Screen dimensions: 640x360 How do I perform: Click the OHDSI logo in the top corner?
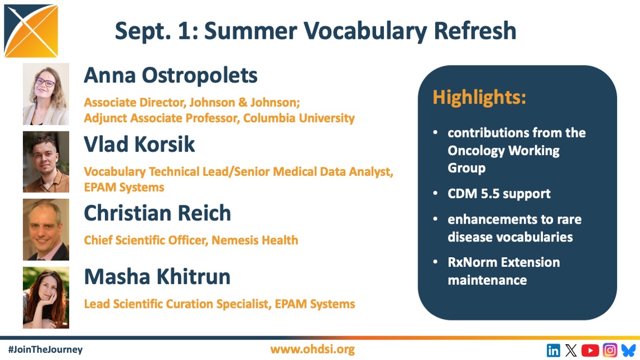click(31, 31)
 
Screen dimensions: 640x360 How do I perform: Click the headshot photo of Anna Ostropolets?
click(46, 94)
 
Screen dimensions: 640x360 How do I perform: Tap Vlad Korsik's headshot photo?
click(46, 162)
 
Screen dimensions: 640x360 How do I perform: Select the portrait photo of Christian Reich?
click(46, 229)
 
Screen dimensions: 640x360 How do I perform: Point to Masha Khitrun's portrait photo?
click(46, 298)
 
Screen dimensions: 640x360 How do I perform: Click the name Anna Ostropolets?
click(171, 75)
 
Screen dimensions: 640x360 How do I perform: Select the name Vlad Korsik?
click(139, 144)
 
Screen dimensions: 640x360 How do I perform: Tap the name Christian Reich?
click(158, 213)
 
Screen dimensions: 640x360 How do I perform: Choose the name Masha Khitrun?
click(157, 277)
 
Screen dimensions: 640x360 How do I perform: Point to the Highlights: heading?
click(479, 98)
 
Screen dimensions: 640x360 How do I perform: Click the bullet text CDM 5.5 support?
click(499, 193)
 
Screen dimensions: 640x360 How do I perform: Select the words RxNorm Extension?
click(504, 262)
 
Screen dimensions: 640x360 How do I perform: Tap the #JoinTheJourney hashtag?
click(45, 349)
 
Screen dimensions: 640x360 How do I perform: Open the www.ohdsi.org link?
click(312, 349)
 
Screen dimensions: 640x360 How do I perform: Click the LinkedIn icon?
click(553, 350)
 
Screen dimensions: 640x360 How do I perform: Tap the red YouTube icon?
click(590, 350)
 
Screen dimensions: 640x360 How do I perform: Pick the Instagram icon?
click(610, 350)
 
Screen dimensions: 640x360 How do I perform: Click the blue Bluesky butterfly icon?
click(629, 350)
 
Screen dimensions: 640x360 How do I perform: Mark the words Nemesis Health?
click(255, 240)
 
